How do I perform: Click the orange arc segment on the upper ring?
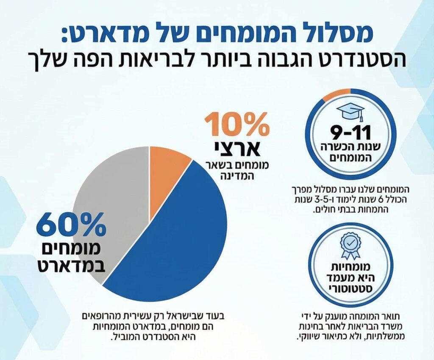coord(336,94)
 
